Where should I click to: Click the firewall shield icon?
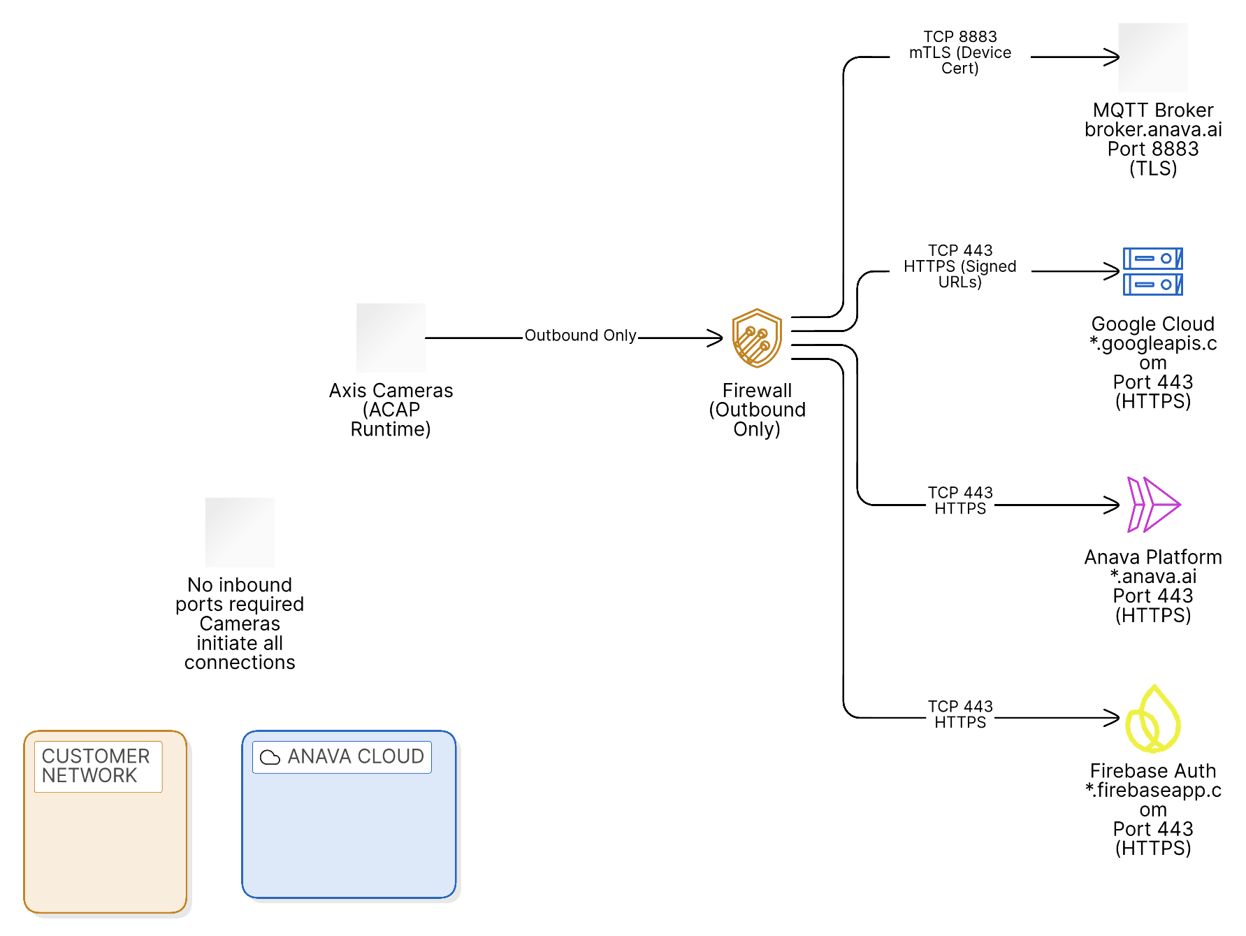click(x=756, y=338)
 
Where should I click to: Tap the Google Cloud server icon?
click(x=1152, y=271)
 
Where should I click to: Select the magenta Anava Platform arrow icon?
click(x=1152, y=504)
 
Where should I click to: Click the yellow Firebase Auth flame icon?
click(x=1152, y=719)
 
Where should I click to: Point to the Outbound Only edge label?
click(x=580, y=336)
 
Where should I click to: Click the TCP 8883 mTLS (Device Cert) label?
click(x=959, y=52)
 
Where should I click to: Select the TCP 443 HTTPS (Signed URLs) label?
click(x=959, y=266)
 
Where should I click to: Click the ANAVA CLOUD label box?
click(x=342, y=757)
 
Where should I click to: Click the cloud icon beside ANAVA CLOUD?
click(x=270, y=757)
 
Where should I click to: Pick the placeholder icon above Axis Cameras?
click(x=391, y=338)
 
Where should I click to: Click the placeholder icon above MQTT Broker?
click(x=1152, y=57)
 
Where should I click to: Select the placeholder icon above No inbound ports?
click(x=240, y=532)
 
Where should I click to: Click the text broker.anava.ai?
click(x=1153, y=130)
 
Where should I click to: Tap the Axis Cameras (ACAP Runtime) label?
click(x=391, y=410)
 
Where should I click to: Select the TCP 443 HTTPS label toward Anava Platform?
click(x=959, y=501)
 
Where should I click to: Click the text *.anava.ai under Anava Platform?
click(x=1153, y=577)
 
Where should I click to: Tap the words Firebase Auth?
click(x=1153, y=771)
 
